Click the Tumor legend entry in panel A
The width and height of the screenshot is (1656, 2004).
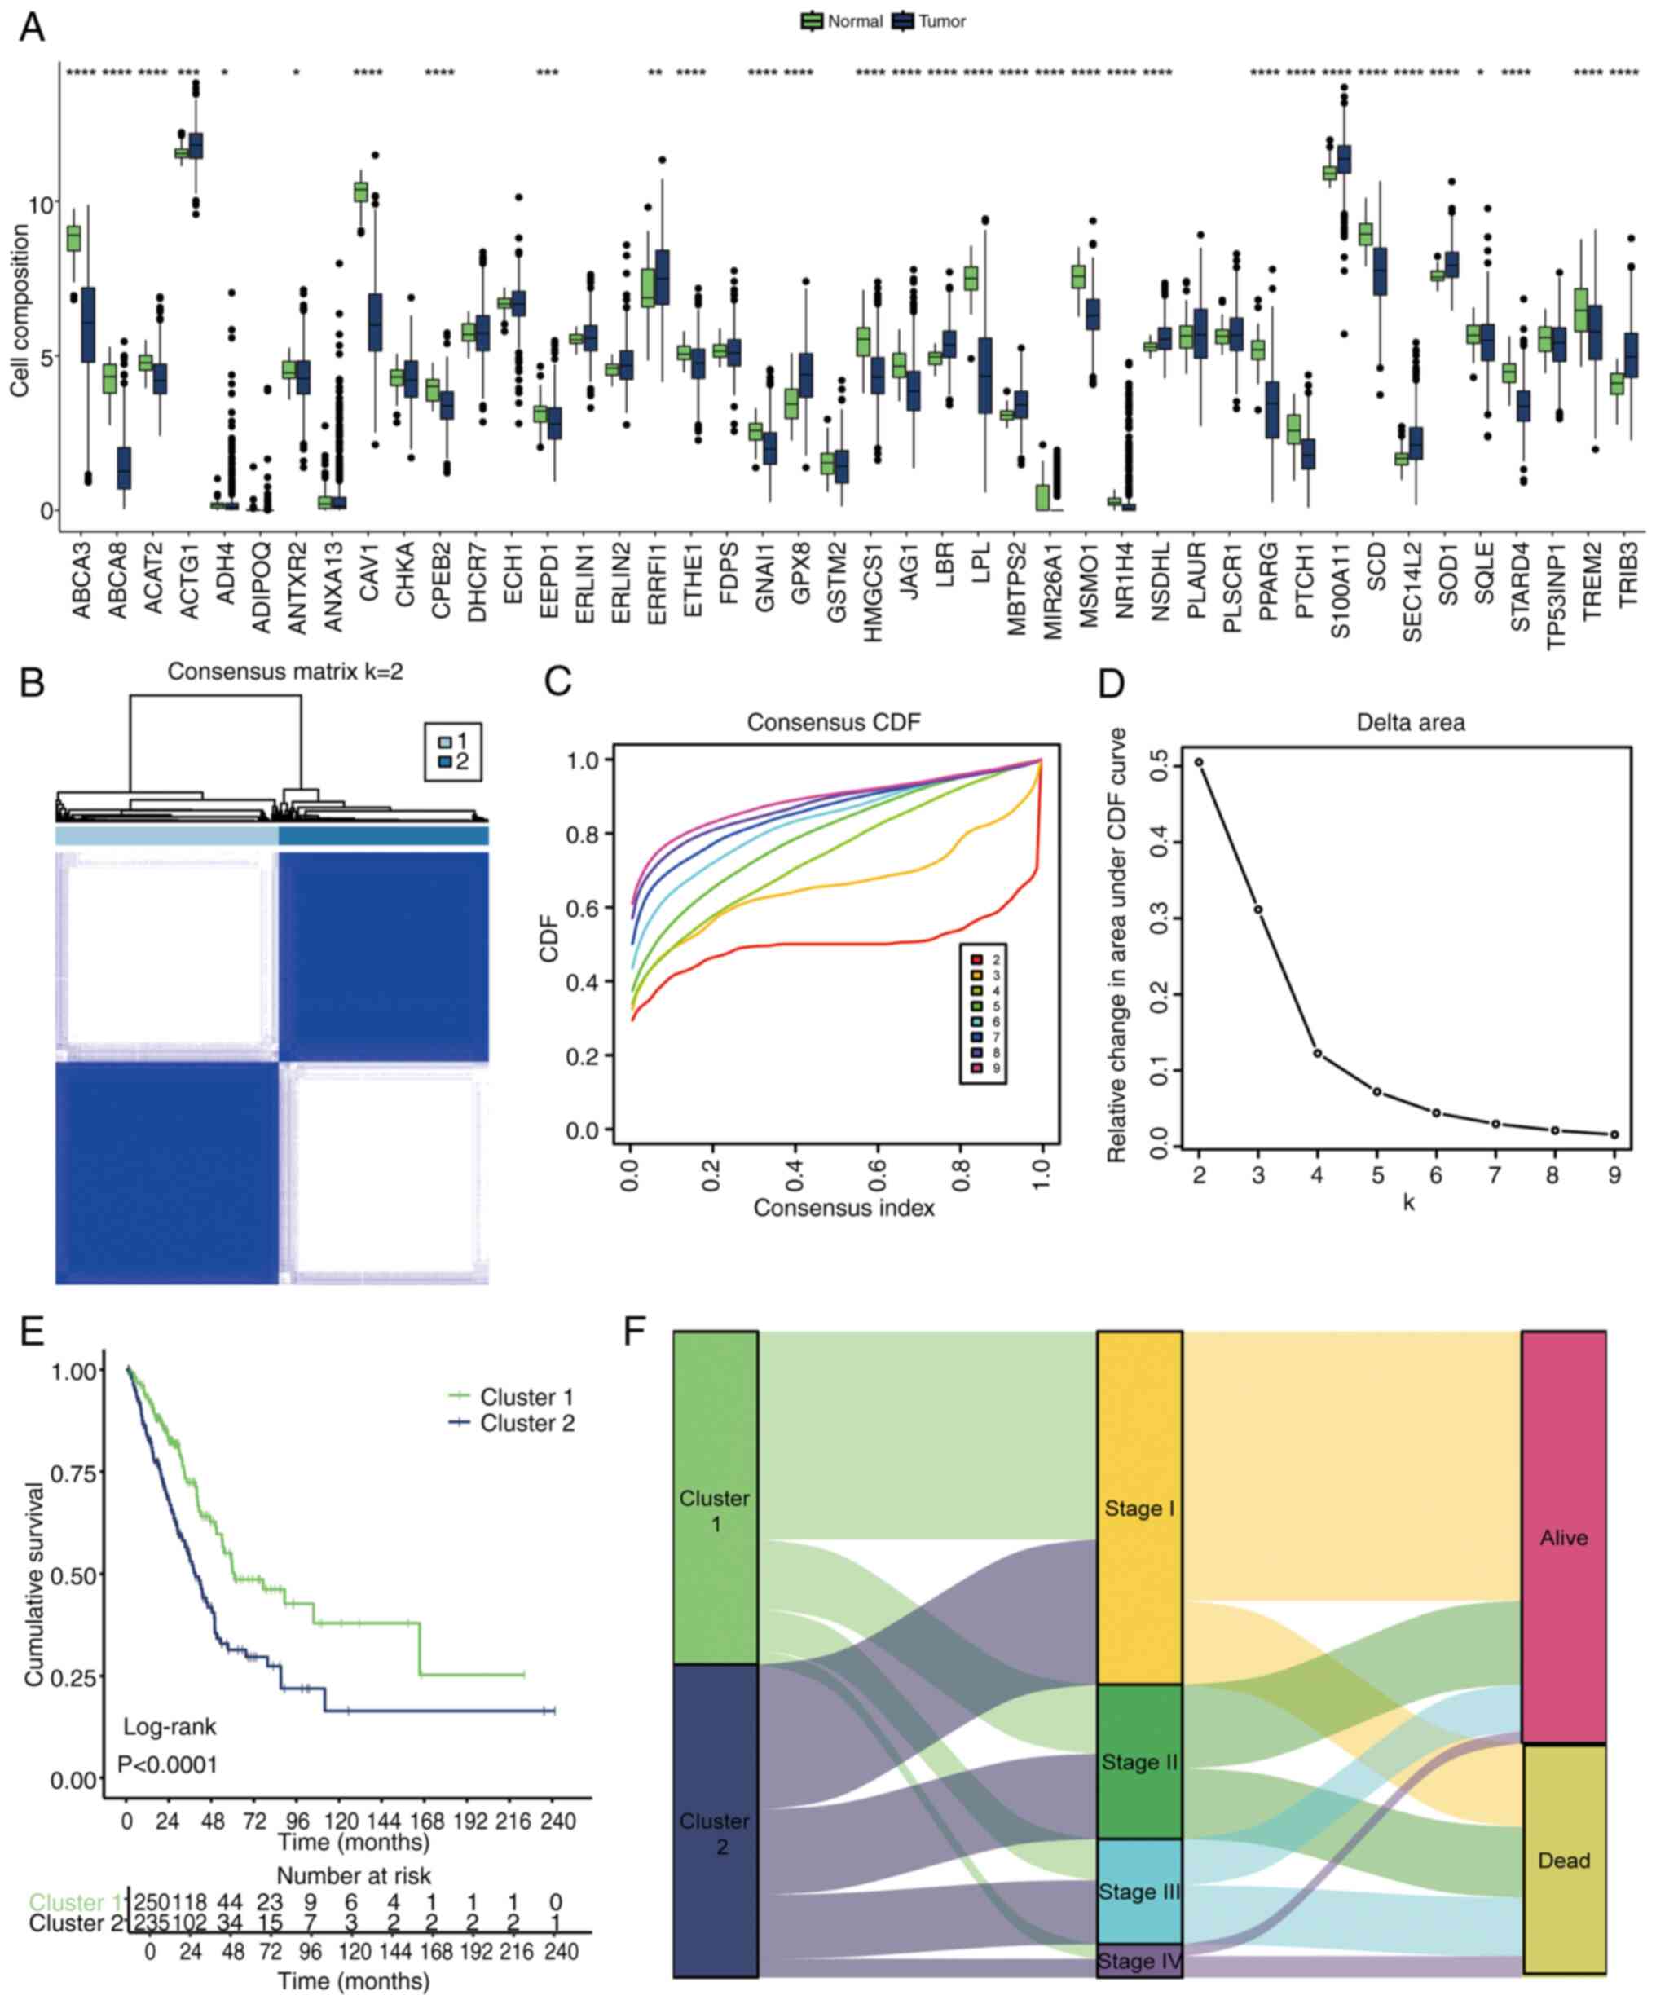[930, 21]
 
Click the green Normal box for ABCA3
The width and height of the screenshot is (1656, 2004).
[73, 239]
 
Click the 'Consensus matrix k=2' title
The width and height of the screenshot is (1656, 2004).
[285, 672]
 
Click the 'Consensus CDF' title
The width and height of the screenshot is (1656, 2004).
[833, 722]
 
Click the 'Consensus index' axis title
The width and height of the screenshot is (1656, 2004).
[843, 1208]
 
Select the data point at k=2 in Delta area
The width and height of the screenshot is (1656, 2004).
[1199, 762]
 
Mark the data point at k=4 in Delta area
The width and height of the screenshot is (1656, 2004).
[1317, 1053]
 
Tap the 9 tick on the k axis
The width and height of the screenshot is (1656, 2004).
[1614, 1174]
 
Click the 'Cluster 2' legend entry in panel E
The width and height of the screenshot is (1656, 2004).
[526, 1423]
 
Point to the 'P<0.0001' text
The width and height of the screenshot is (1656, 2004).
[167, 1764]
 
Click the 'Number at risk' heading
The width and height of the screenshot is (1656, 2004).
[354, 1876]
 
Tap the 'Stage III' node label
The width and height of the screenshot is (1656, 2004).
[1139, 1891]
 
